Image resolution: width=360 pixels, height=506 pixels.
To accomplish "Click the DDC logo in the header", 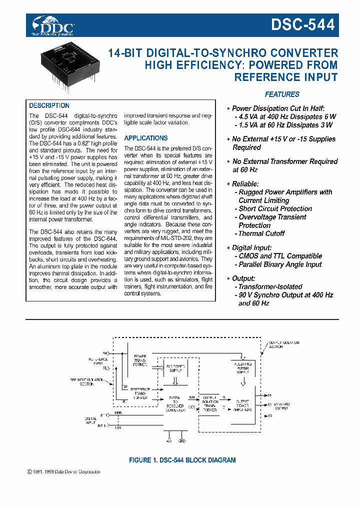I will click(52, 25).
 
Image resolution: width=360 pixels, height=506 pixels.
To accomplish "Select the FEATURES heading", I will click(282, 94).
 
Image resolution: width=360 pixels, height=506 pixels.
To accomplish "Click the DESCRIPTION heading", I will click(49, 105).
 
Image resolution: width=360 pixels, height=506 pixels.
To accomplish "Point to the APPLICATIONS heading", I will click(146, 138).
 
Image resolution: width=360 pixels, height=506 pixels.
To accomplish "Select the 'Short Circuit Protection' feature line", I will click(274, 208).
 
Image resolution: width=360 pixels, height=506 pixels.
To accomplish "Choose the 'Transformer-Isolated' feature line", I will click(270, 286).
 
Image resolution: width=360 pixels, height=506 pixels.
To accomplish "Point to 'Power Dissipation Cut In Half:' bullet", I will click(278, 108).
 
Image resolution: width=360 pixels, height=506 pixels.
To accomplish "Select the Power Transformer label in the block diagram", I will click(140, 360).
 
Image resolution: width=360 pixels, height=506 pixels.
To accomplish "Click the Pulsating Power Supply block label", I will click(242, 368).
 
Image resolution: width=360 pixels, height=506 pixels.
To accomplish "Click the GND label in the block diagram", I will click(182, 441).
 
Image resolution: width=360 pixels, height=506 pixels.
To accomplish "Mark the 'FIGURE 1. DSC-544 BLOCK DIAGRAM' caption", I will click(182, 460).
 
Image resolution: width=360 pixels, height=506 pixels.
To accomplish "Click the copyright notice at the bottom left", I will click(61, 471).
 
